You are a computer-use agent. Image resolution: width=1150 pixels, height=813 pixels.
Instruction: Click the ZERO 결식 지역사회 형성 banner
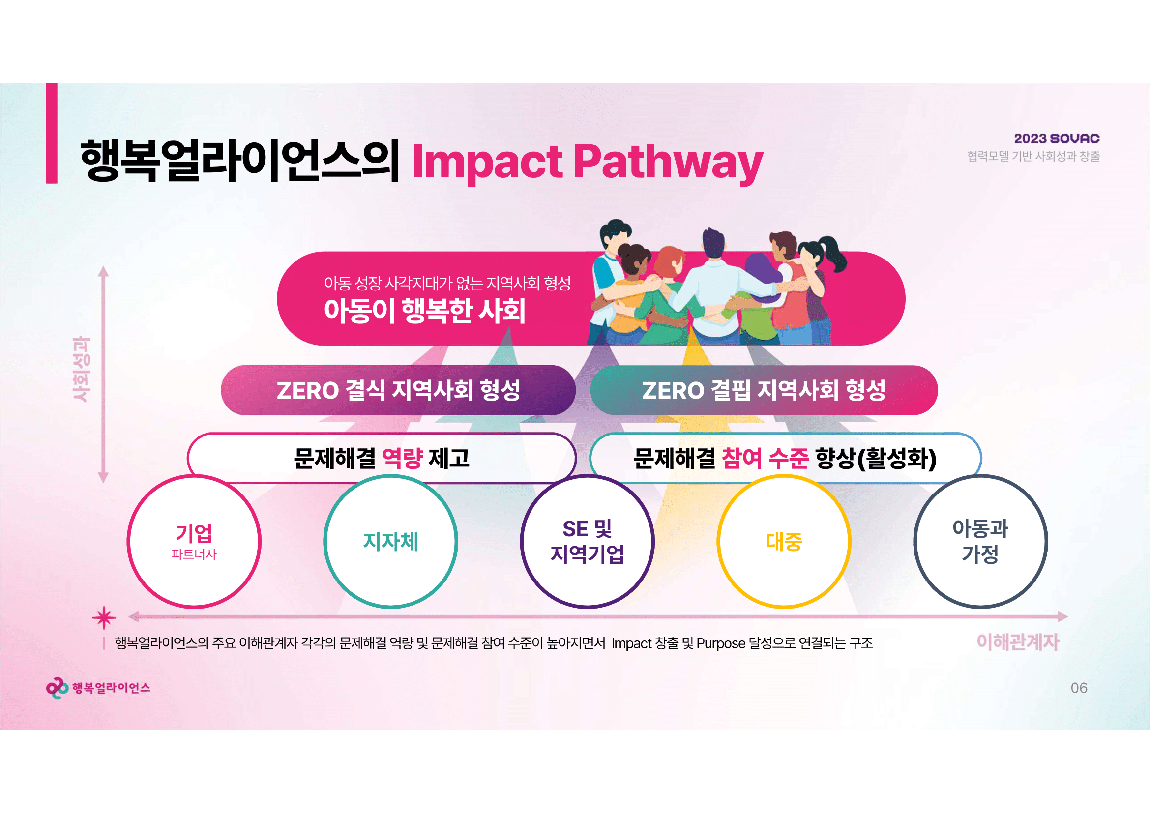[398, 390]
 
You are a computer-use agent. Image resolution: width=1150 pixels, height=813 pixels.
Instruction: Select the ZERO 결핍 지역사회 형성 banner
[764, 390]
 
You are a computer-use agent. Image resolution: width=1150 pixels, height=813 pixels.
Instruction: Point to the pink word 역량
[402, 458]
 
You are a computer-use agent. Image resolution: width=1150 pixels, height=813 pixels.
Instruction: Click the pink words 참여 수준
[765, 458]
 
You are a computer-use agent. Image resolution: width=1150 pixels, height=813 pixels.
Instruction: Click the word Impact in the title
[487, 162]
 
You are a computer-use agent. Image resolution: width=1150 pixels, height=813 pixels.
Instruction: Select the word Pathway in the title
[668, 162]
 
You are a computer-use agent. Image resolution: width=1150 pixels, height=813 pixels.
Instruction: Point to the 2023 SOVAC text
[1057, 139]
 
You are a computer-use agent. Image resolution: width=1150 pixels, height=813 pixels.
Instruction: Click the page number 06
[1079, 688]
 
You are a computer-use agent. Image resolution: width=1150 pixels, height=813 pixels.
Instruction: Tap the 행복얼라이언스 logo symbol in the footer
[57, 688]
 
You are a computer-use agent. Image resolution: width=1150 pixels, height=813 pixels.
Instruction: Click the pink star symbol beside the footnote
[104, 618]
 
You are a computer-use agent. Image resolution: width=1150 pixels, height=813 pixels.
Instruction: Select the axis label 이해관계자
[1018, 642]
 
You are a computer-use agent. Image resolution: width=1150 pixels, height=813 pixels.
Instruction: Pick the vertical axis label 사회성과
[82, 369]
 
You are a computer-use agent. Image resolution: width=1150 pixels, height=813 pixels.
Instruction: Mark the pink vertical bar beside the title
[52, 133]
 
